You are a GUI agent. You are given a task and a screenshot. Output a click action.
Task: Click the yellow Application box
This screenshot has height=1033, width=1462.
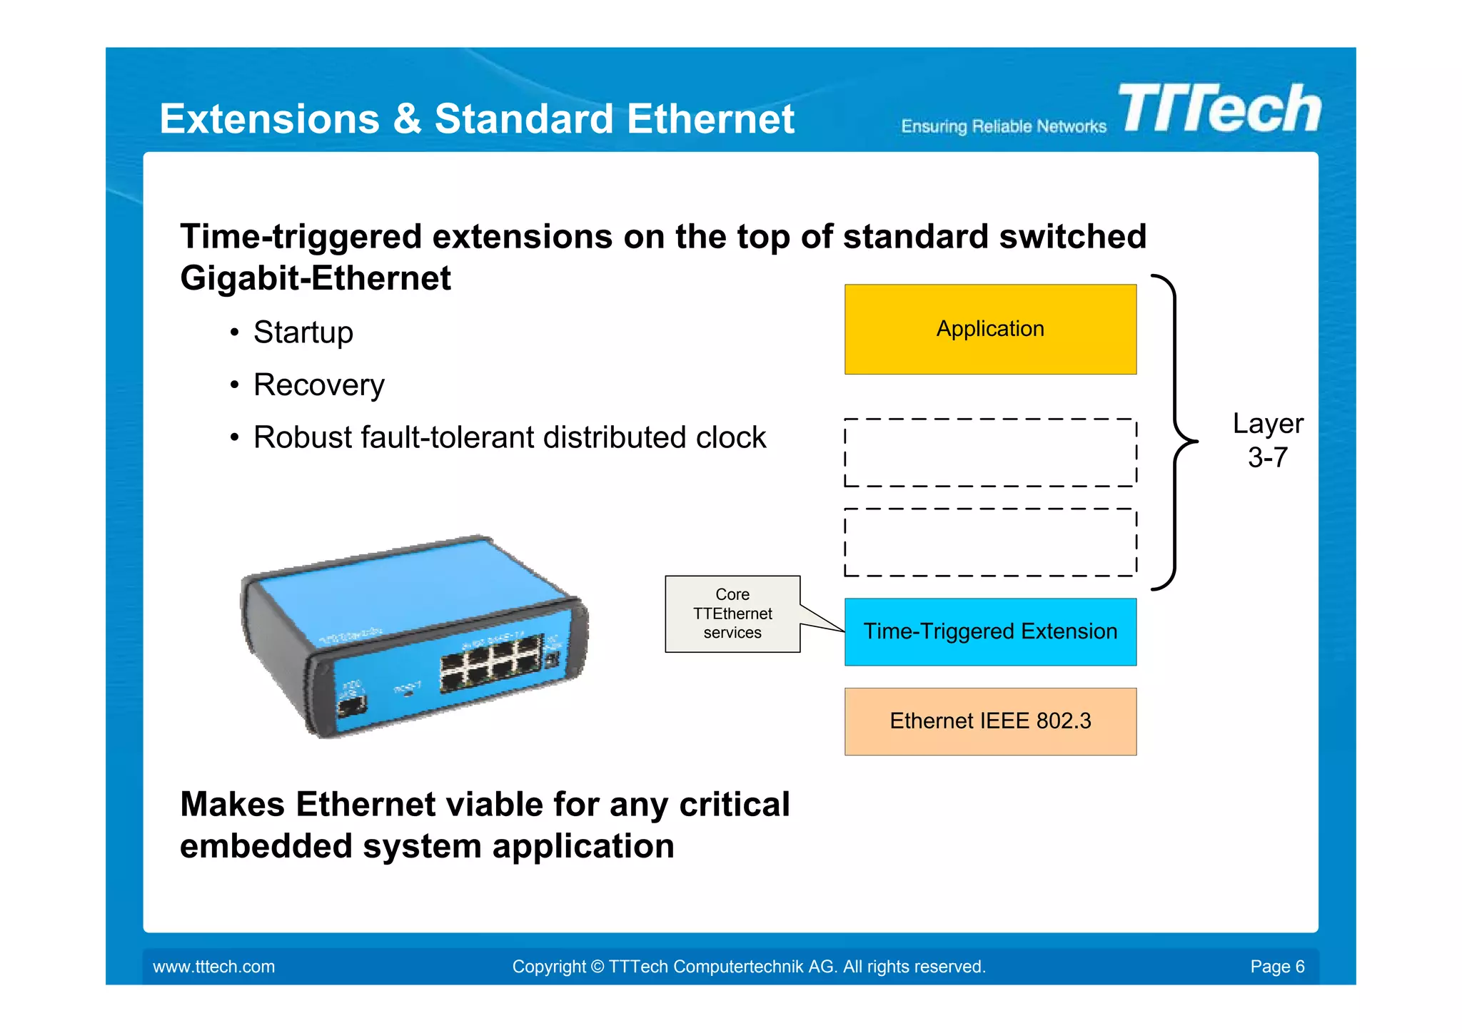pos(990,329)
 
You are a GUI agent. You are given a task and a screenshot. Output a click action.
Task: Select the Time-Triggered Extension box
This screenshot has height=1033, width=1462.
pos(990,631)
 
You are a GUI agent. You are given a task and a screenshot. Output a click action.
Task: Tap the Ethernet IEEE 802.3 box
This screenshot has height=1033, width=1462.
pos(990,721)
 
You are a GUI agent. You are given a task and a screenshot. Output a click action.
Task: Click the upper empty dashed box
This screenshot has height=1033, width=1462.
pos(990,452)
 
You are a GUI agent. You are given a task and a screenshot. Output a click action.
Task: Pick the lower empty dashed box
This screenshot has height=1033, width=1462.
pos(990,542)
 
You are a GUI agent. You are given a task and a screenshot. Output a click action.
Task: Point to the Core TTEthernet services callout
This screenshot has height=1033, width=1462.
pos(732,614)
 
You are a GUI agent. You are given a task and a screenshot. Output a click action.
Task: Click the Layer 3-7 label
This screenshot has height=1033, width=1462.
pos(1267,440)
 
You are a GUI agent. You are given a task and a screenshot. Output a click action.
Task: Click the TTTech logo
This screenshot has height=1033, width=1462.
pos(1221,108)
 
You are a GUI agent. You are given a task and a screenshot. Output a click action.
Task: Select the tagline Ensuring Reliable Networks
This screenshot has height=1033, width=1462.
pos(1003,127)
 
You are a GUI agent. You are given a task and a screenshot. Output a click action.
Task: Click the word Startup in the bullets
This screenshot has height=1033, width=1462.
pos(303,332)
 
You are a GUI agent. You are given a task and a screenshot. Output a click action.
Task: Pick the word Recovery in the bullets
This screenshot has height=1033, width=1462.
pos(319,385)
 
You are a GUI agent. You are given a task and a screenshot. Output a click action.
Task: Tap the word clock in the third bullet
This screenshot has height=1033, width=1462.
pos(730,437)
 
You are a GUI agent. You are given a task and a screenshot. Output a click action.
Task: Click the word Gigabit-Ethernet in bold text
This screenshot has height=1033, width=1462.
pos(316,278)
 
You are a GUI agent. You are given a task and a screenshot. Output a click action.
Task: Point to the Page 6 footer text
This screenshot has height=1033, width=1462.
pos(1276,967)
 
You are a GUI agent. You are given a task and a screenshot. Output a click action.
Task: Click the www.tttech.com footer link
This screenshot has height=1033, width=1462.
pos(213,967)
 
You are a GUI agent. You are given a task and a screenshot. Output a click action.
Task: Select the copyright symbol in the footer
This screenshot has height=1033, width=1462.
pos(597,967)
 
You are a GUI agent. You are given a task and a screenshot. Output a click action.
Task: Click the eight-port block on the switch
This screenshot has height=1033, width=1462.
pos(491,664)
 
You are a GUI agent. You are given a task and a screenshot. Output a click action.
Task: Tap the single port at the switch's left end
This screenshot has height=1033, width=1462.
pos(352,706)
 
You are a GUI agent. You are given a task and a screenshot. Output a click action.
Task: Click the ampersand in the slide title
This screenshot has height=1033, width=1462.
pos(407,118)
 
